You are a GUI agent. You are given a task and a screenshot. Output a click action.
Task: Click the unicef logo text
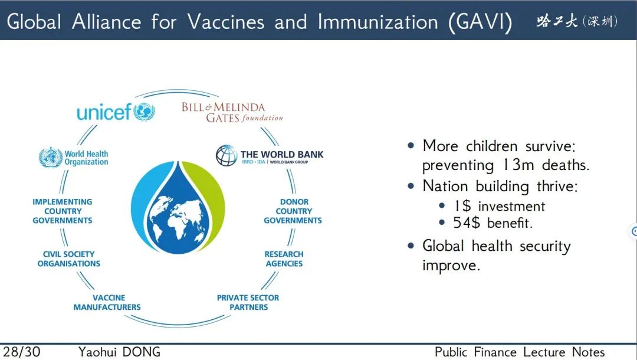[x=104, y=112]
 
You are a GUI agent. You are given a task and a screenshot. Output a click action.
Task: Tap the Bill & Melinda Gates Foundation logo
[x=232, y=113]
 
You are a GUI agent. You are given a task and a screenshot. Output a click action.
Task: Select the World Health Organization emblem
[x=51, y=157]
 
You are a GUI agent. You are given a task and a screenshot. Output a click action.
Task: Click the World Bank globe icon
[x=226, y=156]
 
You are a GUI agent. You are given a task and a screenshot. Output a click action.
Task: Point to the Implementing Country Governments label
[x=63, y=211]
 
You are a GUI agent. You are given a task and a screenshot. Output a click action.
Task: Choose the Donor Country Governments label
[x=293, y=211]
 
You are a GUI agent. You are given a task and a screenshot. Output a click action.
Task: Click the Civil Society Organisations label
[x=68, y=259]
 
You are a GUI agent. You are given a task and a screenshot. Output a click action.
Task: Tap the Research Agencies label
[x=284, y=259]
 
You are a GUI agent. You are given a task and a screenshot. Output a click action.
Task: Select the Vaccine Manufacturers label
[x=107, y=302]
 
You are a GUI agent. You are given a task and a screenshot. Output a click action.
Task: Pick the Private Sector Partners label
[x=248, y=302]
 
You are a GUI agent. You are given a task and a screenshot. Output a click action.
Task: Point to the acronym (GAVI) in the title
[x=480, y=22]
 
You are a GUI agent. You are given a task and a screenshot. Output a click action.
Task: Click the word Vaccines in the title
[x=226, y=21]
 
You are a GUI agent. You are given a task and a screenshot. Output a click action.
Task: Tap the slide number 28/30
[x=22, y=352]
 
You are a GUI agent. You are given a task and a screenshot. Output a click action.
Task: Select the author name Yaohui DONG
[x=119, y=352]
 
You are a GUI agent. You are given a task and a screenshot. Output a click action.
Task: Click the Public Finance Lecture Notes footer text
[x=520, y=352]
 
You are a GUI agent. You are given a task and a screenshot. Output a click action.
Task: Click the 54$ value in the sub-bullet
[x=467, y=223]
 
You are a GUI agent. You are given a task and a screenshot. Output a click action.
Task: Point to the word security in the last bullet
[x=545, y=246]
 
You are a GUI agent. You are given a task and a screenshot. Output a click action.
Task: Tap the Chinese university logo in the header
[x=577, y=21]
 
